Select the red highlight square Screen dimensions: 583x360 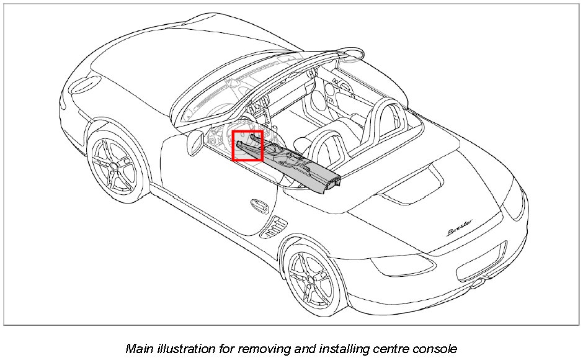point(247,146)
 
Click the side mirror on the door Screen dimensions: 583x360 point(194,143)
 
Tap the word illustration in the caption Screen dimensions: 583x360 point(184,348)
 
